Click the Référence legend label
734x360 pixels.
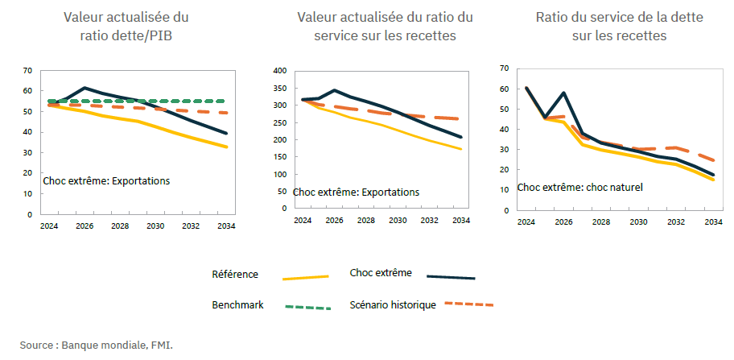235,274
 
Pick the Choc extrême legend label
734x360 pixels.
381,272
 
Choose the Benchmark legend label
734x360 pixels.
237,305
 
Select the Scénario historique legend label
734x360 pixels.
393,304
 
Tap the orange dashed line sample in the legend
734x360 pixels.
468,304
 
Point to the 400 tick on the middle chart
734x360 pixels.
280,71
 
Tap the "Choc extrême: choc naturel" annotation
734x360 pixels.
579,188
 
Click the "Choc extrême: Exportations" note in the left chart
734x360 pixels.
106,181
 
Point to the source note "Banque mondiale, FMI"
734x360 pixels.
97,345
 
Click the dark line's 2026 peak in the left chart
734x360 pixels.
85,87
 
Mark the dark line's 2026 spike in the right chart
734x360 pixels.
564,93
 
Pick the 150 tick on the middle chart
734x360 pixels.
280,156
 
